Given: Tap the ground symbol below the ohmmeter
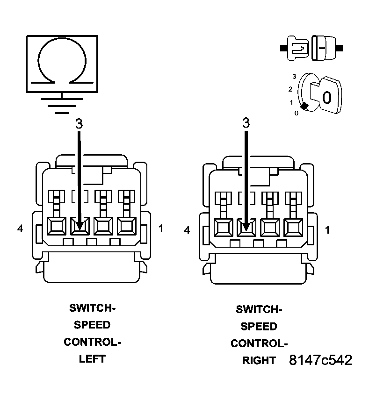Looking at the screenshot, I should coord(61,105).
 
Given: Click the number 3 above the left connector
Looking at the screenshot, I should coord(79,123).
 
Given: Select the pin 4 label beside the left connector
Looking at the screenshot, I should coord(20,229).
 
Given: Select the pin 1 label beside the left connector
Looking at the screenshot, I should coord(160,229).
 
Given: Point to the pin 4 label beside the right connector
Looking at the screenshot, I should coord(187,230).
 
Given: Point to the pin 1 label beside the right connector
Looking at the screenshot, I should coord(327,230).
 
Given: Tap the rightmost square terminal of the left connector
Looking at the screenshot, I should coord(126,226).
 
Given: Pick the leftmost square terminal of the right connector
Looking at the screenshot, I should coord(223,228).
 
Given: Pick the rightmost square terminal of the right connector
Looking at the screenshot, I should coord(293,228).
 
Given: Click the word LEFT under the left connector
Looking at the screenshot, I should coord(92,359).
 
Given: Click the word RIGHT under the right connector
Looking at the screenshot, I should coord(259,361).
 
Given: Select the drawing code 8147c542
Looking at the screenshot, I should coord(320,360).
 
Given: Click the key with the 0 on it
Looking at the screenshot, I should coord(326,95).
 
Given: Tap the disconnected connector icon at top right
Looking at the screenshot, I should coord(311,48).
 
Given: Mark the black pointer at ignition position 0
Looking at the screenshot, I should coord(304,107).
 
